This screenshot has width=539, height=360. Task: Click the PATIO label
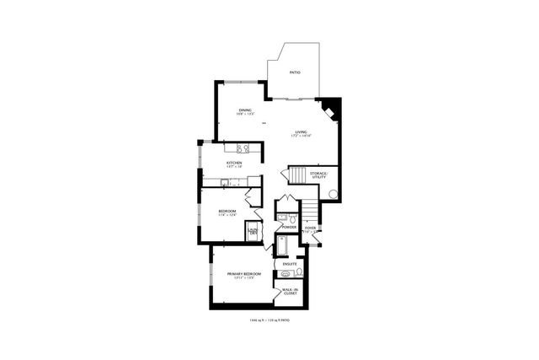295,73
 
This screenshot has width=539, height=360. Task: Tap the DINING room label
245,110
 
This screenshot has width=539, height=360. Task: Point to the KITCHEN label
234,162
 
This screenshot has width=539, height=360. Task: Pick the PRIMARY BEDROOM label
244,275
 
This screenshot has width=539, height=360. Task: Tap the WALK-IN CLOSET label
290,292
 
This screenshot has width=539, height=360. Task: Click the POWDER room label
289,227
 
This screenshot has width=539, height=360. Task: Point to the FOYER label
310,228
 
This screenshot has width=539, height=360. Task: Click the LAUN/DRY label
252,229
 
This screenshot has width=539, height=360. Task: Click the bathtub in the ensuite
284,245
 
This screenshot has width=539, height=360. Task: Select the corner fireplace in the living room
331,108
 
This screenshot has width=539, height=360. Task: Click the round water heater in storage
332,195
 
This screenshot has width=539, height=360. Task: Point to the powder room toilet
284,218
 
